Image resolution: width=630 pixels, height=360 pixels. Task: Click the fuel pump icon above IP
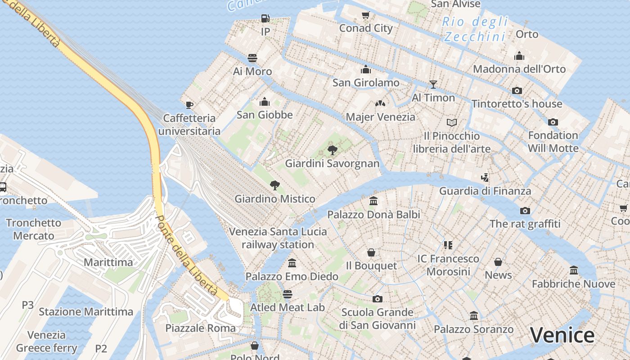[x=265, y=18]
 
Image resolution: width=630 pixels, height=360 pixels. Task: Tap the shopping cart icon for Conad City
[x=366, y=15]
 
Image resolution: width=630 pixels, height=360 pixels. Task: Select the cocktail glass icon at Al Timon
[x=433, y=84]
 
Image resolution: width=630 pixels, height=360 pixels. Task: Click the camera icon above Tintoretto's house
[x=517, y=90]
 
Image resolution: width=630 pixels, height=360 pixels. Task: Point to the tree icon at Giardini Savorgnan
[x=332, y=150]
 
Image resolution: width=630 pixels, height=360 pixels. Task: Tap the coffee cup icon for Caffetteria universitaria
[x=189, y=105]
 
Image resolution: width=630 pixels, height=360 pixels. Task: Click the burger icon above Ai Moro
[x=252, y=58]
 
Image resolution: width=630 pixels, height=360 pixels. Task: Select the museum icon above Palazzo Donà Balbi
[x=373, y=201]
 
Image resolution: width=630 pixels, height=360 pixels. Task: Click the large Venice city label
[x=562, y=335]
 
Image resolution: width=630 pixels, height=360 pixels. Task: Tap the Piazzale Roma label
[x=200, y=328]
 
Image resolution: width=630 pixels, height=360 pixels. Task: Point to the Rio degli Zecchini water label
[x=475, y=29]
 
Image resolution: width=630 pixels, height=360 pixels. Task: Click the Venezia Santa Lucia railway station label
[x=278, y=238]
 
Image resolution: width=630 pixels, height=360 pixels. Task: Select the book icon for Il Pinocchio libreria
[x=452, y=122]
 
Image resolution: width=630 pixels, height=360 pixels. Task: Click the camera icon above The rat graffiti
[x=525, y=211]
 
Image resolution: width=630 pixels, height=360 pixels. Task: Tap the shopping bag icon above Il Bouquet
[x=371, y=252]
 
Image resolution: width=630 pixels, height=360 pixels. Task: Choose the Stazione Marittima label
[x=86, y=311]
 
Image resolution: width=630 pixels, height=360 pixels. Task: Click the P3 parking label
[x=28, y=305]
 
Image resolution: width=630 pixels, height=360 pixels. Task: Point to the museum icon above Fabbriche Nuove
[x=573, y=270]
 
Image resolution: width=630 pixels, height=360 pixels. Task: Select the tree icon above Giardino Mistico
[x=274, y=185]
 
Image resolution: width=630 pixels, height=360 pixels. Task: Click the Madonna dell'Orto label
[x=519, y=69]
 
